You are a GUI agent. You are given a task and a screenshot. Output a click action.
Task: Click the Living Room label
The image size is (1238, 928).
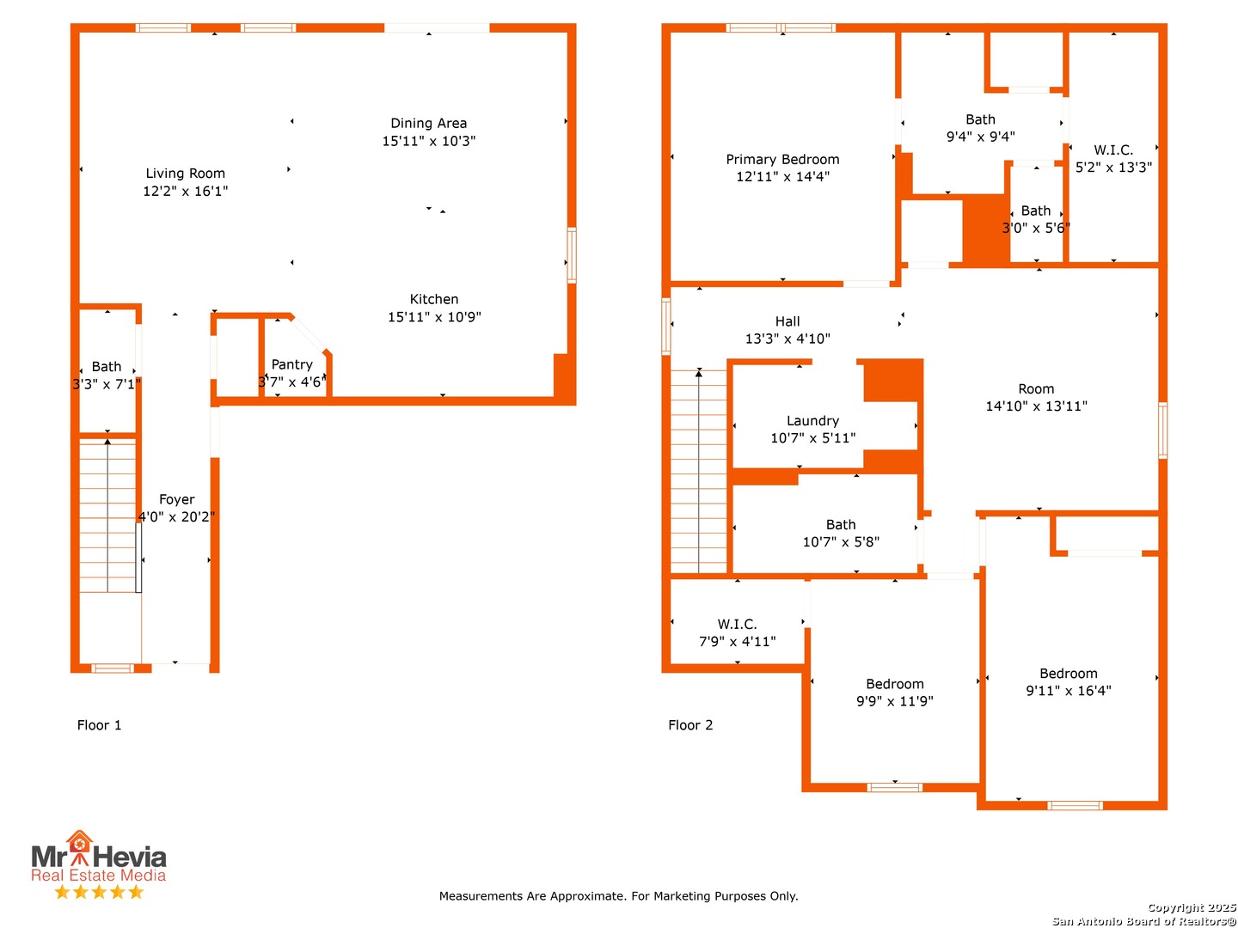pos(185,173)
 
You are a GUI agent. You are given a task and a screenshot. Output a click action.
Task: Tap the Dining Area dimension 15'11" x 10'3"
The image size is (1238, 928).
pos(429,141)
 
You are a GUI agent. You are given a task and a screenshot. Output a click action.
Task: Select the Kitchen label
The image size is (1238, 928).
pos(433,299)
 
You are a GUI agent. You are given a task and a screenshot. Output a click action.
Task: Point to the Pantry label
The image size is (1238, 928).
pos(291,364)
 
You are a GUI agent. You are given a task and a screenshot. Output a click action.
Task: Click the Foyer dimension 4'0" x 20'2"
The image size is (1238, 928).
pos(176,516)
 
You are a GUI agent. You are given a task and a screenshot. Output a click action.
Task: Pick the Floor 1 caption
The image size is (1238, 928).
pos(99,725)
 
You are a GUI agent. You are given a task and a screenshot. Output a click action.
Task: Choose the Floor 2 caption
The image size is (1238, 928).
pos(690,725)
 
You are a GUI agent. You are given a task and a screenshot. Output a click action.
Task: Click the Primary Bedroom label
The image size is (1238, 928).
pos(782,160)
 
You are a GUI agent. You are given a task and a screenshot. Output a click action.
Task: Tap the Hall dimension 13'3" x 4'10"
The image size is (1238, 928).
pos(788,339)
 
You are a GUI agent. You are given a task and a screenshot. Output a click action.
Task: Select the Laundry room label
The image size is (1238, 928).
pos(812,421)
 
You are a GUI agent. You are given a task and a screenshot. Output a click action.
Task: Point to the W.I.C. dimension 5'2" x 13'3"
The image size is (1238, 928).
pos(1113,168)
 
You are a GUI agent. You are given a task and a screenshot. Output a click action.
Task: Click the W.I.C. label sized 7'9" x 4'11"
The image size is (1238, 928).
pos(737,625)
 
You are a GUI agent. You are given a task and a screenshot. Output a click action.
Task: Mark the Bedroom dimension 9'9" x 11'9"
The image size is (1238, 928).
pos(894,701)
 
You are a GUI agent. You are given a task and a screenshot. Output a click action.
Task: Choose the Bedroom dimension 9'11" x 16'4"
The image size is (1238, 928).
pos(1069,690)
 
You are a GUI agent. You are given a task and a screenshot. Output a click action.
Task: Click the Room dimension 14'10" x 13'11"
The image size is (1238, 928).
pos(1036,406)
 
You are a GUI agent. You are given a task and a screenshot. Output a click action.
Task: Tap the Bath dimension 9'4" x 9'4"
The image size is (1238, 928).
pos(980,137)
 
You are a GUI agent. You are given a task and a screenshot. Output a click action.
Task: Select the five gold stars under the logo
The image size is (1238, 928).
pos(99,891)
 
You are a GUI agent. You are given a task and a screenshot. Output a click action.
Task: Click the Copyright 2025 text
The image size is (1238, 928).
pos(1192,907)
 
